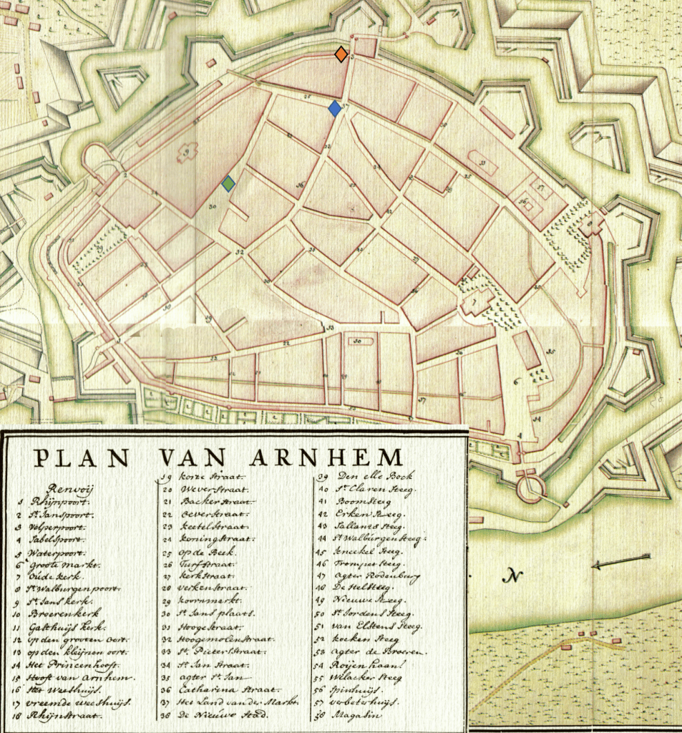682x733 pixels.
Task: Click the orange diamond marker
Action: click(341, 54)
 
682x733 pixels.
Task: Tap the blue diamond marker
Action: click(334, 108)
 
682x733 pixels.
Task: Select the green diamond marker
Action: click(228, 184)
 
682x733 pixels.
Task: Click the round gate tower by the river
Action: click(530, 487)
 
